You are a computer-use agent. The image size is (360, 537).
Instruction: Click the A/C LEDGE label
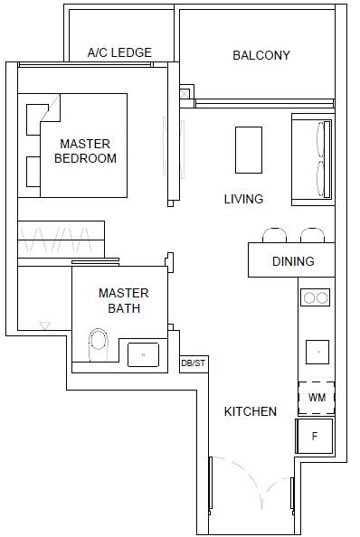[119, 52]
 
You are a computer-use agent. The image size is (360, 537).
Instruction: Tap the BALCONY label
[261, 55]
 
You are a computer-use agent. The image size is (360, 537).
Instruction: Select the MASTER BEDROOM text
[85, 151]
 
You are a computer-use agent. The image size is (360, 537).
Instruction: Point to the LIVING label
[243, 199]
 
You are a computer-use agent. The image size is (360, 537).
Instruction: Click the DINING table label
[293, 261]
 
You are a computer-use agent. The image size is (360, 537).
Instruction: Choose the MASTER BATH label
[124, 301]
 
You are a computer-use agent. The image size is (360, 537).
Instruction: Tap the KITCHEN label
[251, 411]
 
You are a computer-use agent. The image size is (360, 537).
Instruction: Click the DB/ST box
[194, 364]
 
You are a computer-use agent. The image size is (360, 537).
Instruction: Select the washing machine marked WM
[317, 398]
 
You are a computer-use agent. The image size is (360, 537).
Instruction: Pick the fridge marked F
[315, 436]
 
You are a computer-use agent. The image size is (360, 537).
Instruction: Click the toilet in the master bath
[99, 344]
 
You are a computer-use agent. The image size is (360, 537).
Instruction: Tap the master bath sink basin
[143, 354]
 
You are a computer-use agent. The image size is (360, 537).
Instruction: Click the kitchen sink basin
[317, 352]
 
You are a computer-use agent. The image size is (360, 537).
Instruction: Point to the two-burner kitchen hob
[315, 297]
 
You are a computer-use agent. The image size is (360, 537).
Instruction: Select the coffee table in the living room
[249, 150]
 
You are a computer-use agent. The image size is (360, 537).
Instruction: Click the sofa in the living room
[313, 160]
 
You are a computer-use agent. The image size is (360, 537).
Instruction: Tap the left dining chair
[274, 235]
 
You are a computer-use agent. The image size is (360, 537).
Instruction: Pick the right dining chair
[312, 235]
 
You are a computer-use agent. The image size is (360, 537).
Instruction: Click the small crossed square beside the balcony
[185, 93]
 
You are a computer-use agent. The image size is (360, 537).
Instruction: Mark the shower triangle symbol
[45, 325]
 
